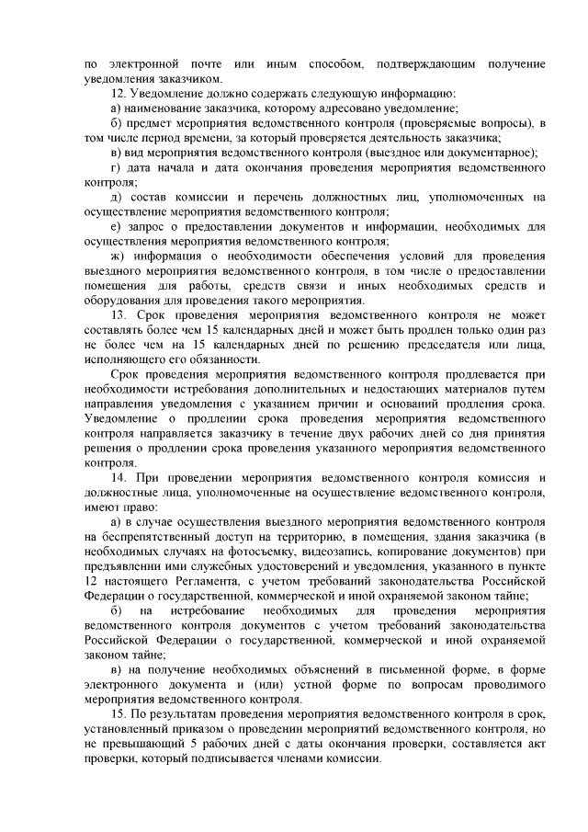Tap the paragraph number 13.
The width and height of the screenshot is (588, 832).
[x=117, y=313]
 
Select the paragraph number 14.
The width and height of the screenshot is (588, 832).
[x=117, y=479]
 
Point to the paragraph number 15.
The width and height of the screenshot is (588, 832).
[x=117, y=713]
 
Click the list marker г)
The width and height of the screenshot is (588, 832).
[x=116, y=168]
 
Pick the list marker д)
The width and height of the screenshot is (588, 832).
[x=116, y=197]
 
